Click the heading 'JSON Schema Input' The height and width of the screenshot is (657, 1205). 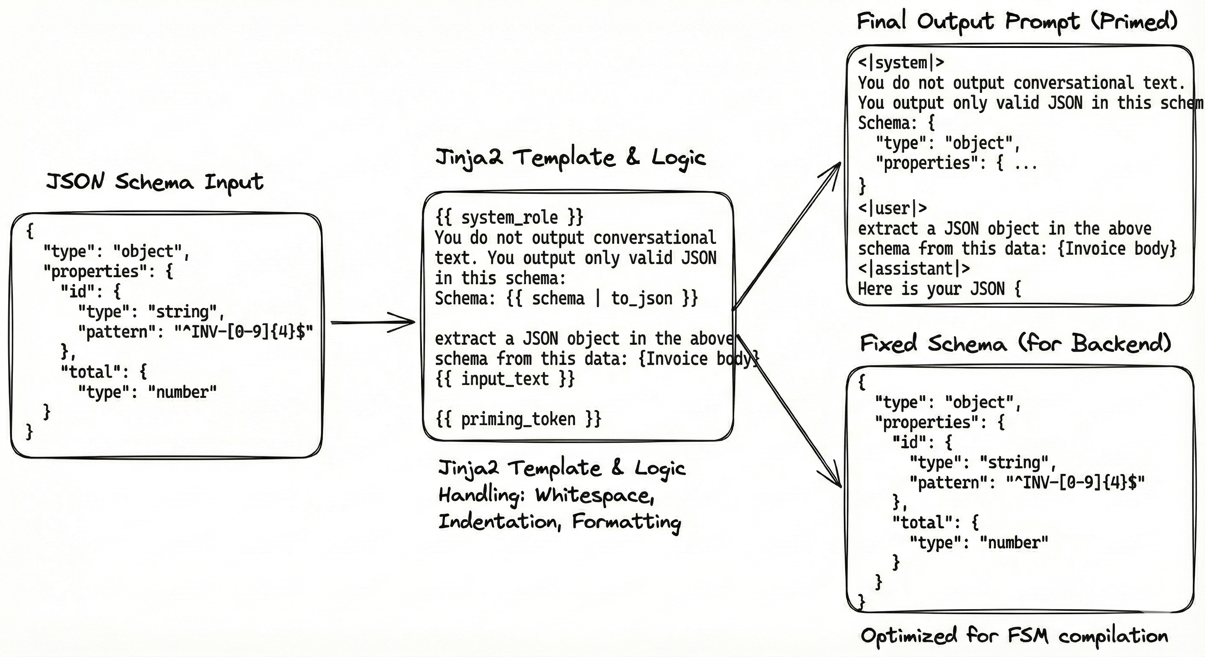tap(154, 182)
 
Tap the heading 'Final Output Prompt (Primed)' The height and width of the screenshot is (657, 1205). tap(1016, 21)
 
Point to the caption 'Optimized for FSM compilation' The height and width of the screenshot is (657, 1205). tap(1014, 636)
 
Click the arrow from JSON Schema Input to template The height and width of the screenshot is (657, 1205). tap(372, 322)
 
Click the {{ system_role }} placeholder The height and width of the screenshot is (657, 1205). tap(509, 217)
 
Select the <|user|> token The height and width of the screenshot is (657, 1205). tap(892, 208)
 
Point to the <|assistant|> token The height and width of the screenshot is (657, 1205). tap(914, 269)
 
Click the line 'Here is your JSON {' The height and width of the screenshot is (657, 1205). tap(939, 289)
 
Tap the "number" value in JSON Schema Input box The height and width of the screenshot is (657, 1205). tap(182, 392)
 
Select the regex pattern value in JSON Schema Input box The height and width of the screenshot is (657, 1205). tap(243, 332)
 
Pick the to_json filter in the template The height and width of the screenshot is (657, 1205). tap(641, 298)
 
